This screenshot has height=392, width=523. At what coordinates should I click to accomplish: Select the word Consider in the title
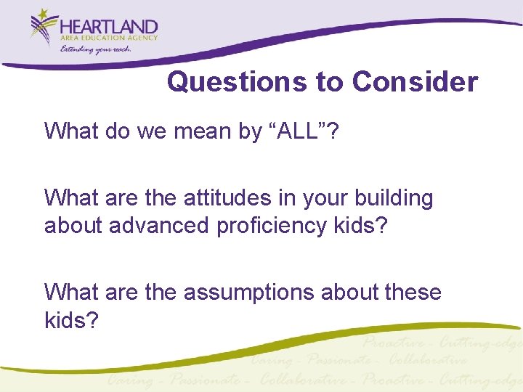coord(415,82)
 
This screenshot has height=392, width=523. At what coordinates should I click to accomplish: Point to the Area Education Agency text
coord(110,39)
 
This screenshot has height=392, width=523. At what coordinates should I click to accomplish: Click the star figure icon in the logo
coord(44,28)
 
